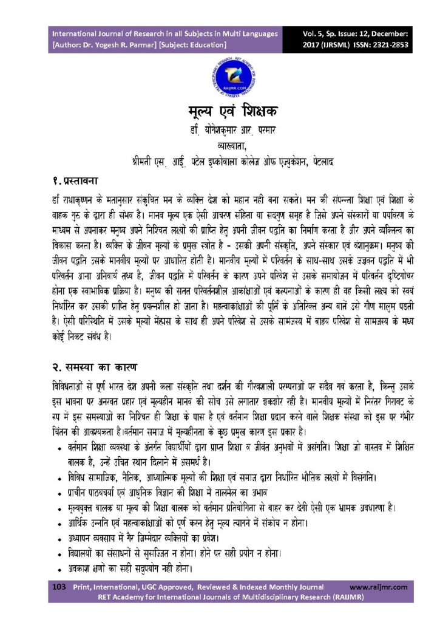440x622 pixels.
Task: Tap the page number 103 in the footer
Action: pos(59,587)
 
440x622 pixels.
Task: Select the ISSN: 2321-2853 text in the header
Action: pos(379,45)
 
